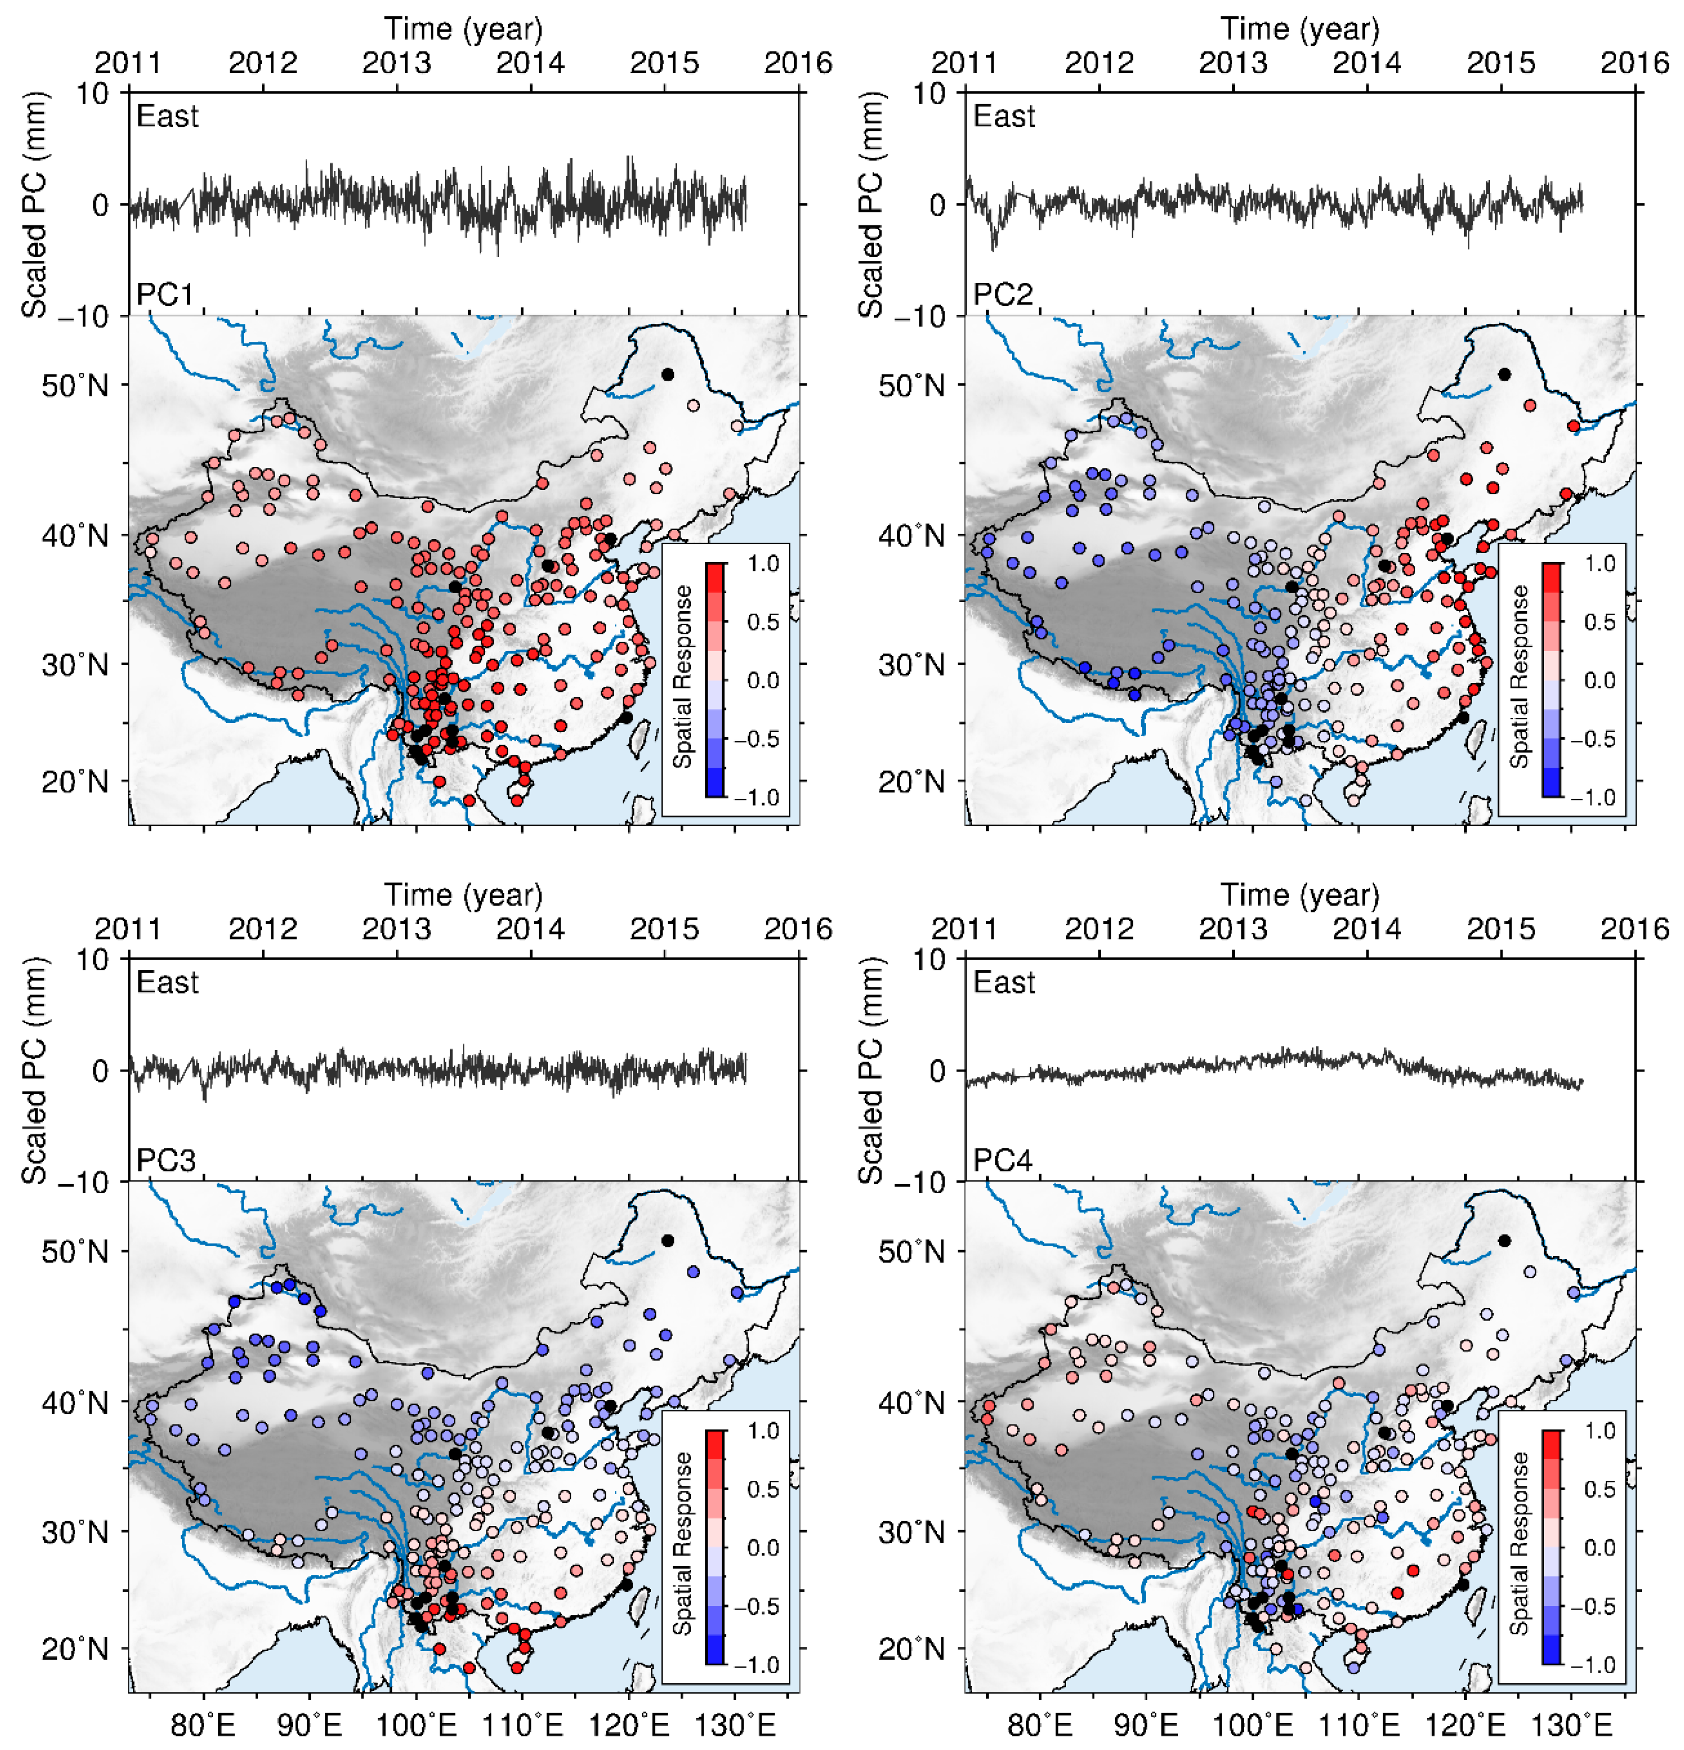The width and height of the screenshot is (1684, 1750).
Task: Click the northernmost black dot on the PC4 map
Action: pyautogui.click(x=1505, y=1240)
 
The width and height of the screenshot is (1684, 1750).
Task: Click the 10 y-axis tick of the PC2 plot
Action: pyautogui.click(x=929, y=93)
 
